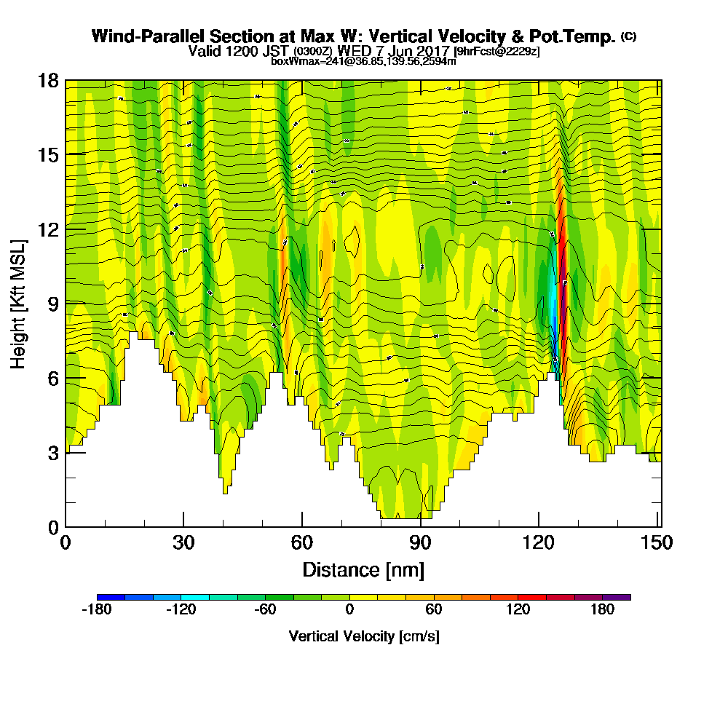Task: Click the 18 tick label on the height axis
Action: point(49,80)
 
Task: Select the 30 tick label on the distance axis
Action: point(183,543)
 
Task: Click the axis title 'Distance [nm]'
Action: point(363,569)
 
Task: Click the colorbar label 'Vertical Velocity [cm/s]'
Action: point(364,636)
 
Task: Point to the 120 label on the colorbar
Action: point(518,610)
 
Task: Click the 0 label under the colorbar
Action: point(349,610)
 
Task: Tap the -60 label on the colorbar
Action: point(265,610)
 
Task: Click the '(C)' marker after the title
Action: point(628,36)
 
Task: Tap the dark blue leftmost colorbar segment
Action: point(111,597)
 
